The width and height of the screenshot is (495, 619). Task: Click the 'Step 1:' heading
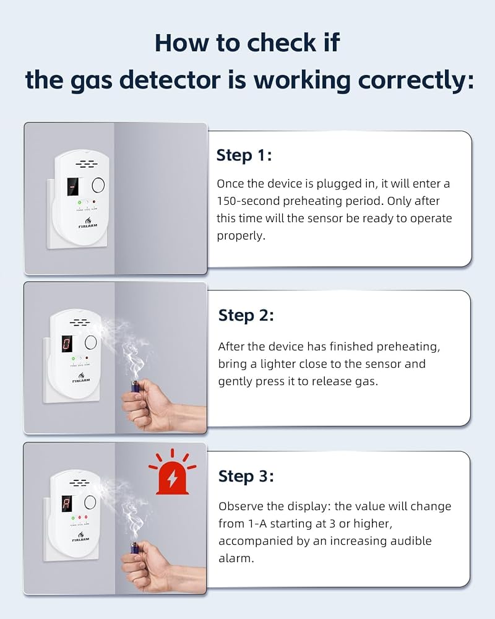244,155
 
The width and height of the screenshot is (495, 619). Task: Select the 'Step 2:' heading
246,316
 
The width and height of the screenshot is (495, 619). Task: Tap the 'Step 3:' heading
246,476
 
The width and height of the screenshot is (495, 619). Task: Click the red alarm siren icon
173,472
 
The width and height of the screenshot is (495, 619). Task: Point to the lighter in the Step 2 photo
135,386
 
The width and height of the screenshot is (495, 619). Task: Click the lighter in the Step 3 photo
135,548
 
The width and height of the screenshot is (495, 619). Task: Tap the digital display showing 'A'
67,503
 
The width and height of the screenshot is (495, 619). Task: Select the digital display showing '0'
67,344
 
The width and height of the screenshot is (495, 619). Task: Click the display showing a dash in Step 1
72,186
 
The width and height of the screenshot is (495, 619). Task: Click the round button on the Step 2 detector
90,342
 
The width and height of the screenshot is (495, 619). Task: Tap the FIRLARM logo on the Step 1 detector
88,223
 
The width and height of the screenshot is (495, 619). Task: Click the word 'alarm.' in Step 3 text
236,558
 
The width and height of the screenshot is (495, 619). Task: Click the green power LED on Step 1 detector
79,202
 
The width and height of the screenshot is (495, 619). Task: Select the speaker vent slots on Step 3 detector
79,482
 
